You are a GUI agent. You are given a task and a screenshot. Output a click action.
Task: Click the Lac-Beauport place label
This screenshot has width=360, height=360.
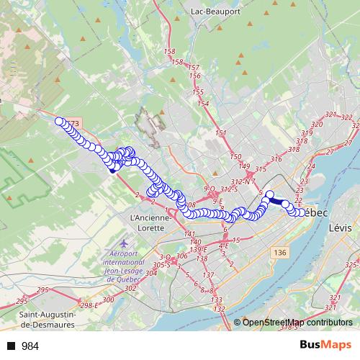coord(215,12)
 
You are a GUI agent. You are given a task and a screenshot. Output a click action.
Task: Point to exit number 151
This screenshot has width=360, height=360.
coord(220,133)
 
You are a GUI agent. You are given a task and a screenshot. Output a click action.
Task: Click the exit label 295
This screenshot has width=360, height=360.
coord(42,289)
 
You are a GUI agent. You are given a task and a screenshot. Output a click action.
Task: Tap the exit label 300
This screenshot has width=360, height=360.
coord(109,300)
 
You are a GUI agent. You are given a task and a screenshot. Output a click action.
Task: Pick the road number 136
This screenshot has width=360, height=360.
coord(280,252)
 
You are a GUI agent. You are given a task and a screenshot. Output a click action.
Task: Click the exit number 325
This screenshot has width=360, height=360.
coord(351,265)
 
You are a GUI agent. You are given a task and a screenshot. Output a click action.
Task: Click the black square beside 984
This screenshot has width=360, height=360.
coord(12,346)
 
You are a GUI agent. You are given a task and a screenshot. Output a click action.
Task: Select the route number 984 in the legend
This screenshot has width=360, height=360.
coord(30,346)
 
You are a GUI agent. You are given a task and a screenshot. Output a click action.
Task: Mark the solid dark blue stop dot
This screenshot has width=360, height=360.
coord(112,170)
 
